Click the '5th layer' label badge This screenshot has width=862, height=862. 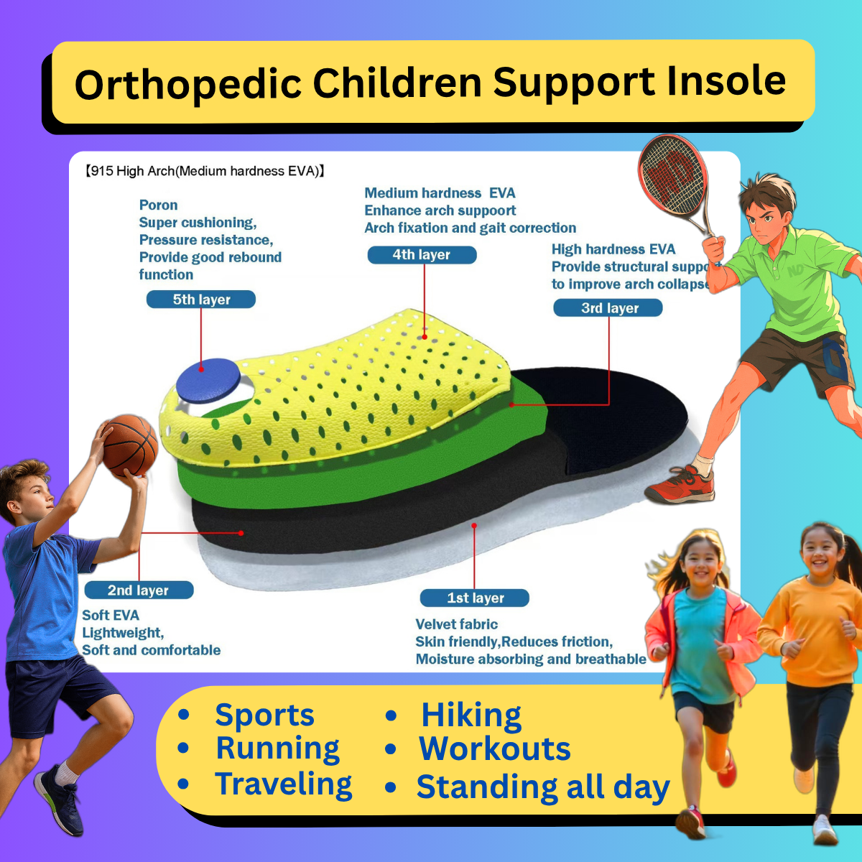(201, 300)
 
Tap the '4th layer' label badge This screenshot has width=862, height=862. (422, 255)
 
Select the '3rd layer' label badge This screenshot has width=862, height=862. (608, 308)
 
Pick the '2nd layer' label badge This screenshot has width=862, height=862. (139, 590)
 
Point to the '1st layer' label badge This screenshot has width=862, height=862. (475, 598)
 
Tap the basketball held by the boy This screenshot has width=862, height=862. (129, 446)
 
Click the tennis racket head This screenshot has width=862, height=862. (671, 177)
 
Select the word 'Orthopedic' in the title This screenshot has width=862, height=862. (187, 84)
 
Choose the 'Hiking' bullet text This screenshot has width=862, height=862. (471, 715)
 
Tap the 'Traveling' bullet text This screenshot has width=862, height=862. (284, 784)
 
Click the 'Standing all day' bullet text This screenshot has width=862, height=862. (543, 787)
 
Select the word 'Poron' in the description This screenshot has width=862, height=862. (158, 205)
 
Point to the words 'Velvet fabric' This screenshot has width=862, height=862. (456, 624)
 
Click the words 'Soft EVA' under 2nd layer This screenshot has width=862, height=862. (111, 616)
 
